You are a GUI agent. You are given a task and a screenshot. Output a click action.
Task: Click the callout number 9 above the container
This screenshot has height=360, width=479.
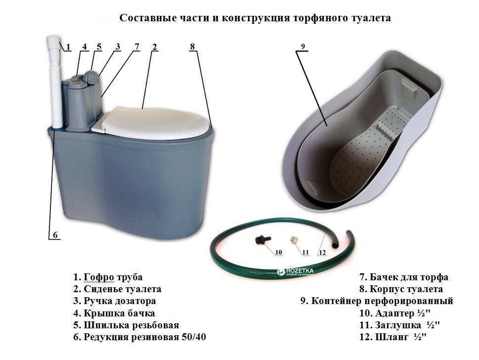[x=303, y=47]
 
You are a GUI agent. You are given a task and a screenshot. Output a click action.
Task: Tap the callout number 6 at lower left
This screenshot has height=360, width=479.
[x=55, y=235]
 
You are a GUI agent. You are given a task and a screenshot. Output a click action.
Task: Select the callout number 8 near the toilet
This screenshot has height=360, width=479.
[x=192, y=47]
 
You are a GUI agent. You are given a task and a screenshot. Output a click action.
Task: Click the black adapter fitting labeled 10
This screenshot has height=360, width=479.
[x=261, y=239]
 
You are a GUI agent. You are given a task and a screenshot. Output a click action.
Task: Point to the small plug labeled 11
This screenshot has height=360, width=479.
[x=293, y=239]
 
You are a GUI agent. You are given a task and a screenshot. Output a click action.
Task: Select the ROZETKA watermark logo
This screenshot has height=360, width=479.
[x=295, y=272]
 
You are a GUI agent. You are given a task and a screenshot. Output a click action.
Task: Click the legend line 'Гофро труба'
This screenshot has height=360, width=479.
[x=108, y=277]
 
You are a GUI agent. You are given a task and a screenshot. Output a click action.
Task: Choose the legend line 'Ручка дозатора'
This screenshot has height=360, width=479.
[x=115, y=301]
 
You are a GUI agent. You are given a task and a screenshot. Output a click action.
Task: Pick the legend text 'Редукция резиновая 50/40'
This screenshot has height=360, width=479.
[x=140, y=337]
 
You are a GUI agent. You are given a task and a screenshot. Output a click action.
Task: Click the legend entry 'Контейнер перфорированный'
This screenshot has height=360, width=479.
[x=377, y=301]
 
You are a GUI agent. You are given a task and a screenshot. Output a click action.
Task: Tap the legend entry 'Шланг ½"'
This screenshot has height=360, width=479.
[x=393, y=337]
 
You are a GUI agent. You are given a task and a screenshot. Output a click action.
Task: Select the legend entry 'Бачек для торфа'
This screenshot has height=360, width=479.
[x=404, y=277]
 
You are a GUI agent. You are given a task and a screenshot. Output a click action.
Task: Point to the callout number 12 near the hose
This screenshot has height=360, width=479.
[x=322, y=253]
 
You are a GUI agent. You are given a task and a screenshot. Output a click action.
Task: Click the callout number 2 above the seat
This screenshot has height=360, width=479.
[x=154, y=47]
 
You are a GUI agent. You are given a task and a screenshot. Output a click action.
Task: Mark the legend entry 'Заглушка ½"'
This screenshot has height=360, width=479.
[x=399, y=325]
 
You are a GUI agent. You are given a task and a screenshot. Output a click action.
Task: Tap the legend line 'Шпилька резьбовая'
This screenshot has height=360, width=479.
[x=126, y=325]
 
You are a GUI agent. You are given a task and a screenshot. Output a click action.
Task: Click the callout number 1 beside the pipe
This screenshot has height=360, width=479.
[x=68, y=47]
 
